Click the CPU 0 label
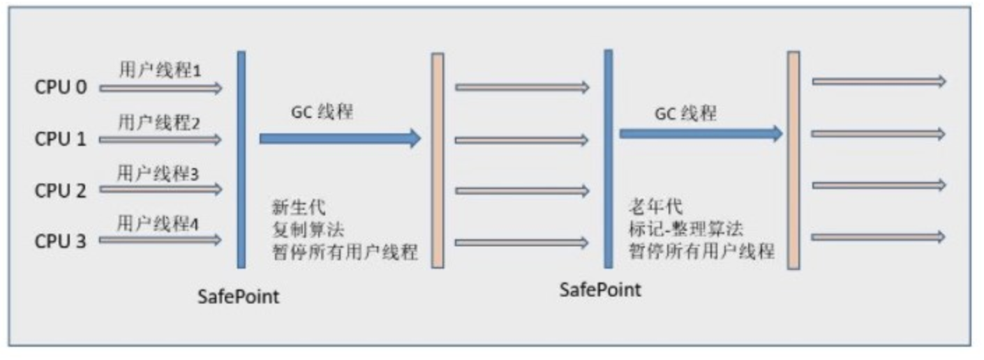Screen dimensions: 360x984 (61, 88)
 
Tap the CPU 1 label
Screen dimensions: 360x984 (61, 139)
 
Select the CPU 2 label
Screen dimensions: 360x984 (61, 190)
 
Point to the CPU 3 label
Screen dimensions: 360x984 (61, 241)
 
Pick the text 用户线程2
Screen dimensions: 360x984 (159, 122)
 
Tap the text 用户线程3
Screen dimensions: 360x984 (158, 173)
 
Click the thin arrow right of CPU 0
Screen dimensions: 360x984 (161, 88)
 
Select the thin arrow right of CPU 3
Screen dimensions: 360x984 (161, 241)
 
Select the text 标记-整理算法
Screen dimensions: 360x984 (685, 228)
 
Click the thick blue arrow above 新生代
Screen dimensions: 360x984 (340, 138)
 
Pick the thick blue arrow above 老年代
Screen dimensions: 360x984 (701, 133)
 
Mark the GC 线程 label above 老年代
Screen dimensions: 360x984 (685, 112)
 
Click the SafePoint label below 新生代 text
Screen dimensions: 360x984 (238, 297)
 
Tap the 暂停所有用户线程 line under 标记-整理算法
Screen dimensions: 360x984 (701, 250)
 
